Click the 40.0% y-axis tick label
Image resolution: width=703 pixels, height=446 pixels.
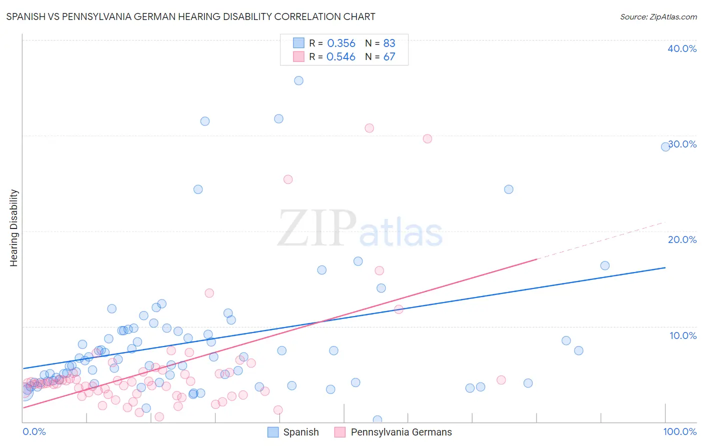coord(682,48)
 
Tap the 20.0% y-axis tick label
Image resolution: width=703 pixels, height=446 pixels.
coord(682,239)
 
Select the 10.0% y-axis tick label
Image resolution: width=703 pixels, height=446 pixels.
coord(683,335)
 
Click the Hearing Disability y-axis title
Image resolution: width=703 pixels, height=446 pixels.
coord(14,227)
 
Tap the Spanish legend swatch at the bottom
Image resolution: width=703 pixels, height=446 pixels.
coord(273,432)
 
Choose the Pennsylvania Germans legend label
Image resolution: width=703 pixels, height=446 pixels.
coord(401,432)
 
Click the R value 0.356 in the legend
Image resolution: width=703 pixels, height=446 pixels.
coord(341,43)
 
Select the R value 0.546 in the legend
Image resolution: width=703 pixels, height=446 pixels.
coord(341,57)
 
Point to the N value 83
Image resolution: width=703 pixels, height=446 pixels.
coord(389,43)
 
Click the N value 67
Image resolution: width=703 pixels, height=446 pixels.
coord(389,57)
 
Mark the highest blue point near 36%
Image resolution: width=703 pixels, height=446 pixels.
coord(298,80)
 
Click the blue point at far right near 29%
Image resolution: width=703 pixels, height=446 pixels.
coord(665,146)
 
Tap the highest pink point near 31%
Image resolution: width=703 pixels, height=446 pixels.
coord(369,128)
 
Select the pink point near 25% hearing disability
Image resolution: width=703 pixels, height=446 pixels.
coord(288,179)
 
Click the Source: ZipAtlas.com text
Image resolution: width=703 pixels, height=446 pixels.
coord(658,17)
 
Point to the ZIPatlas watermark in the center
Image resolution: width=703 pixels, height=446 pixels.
coord(360,229)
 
